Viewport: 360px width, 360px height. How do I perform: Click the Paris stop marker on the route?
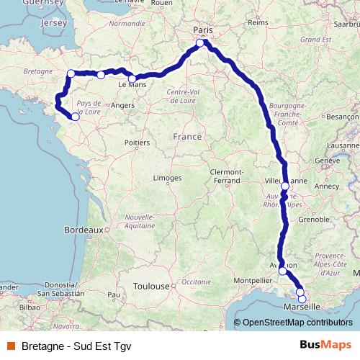[x=200, y=43]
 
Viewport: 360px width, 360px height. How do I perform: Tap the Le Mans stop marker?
[x=132, y=78]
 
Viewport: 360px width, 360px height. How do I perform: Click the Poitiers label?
[x=136, y=143]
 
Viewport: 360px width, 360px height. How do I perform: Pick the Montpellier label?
[x=251, y=279]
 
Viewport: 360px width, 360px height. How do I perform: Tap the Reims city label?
[x=258, y=23]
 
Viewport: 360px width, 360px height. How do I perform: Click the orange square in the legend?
[x=11, y=345]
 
